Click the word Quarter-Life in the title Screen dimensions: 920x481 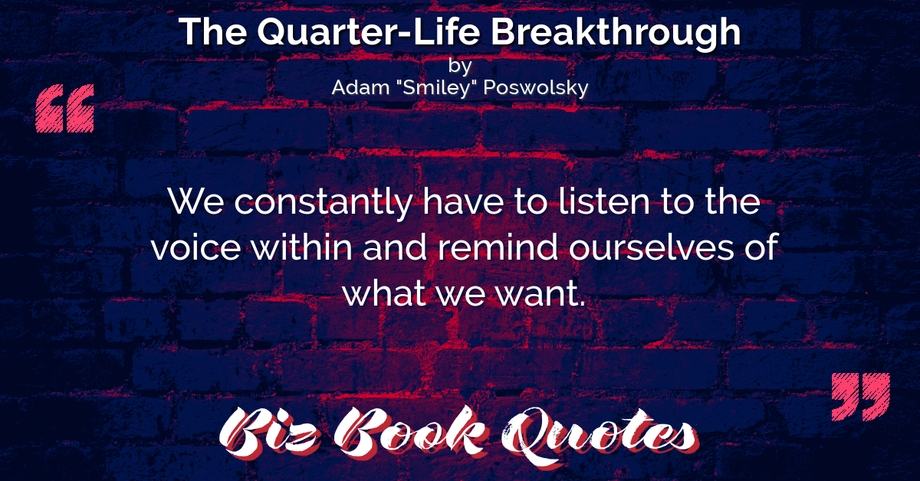pos(369,33)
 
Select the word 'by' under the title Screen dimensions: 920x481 pos(460,66)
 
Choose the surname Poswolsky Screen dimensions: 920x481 pos(536,88)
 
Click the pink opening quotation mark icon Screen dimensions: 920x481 pos(65,108)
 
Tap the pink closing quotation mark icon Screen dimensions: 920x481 pos(861,397)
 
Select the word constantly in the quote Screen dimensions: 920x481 pos(324,203)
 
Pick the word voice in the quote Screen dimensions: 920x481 pos(196,247)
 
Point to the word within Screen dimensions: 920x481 pos(302,247)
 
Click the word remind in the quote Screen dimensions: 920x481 pos(498,247)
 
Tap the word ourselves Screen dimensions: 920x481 pos(651,247)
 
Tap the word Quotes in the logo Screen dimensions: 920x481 pos(600,436)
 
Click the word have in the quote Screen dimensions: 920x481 pos(463,201)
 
